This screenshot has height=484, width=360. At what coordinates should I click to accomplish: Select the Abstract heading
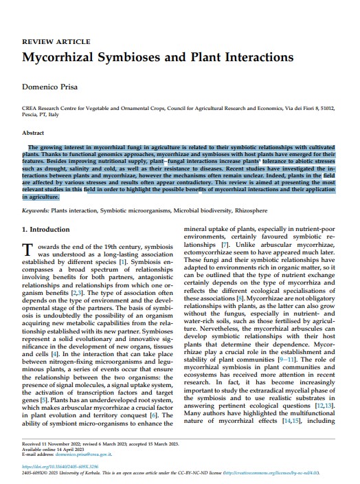tap(34, 133)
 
